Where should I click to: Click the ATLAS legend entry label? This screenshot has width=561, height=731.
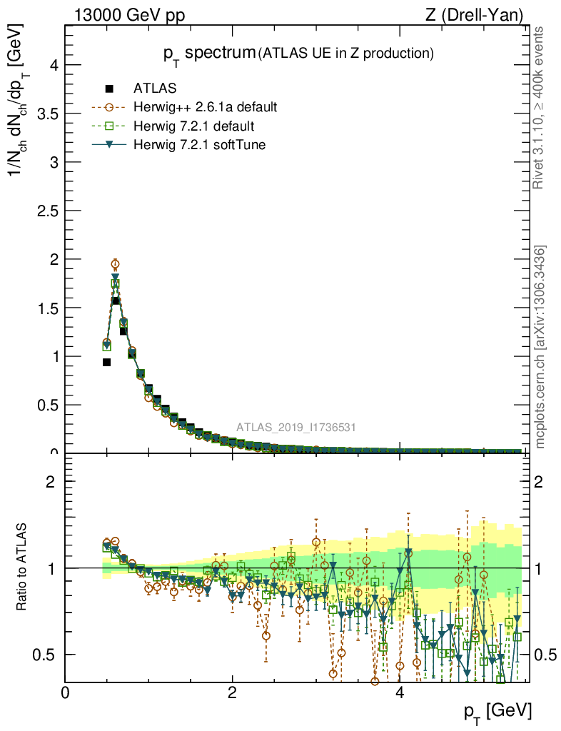(155, 89)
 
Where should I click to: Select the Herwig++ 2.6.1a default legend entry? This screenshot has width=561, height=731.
(205, 108)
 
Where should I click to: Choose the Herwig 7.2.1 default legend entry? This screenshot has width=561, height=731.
(193, 126)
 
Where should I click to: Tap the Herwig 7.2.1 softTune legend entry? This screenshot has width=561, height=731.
(199, 146)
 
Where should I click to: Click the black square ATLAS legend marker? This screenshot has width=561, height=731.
(109, 89)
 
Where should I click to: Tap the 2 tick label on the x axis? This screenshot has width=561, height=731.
(232, 693)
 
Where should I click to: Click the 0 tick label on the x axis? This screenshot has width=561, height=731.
(65, 693)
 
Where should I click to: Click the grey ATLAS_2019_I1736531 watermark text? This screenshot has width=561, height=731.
(296, 428)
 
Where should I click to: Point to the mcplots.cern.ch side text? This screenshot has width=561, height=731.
(540, 347)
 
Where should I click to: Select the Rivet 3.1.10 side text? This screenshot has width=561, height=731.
(540, 107)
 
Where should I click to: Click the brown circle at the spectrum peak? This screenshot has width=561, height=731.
(115, 264)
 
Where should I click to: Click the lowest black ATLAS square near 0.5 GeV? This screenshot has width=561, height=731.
(107, 362)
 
